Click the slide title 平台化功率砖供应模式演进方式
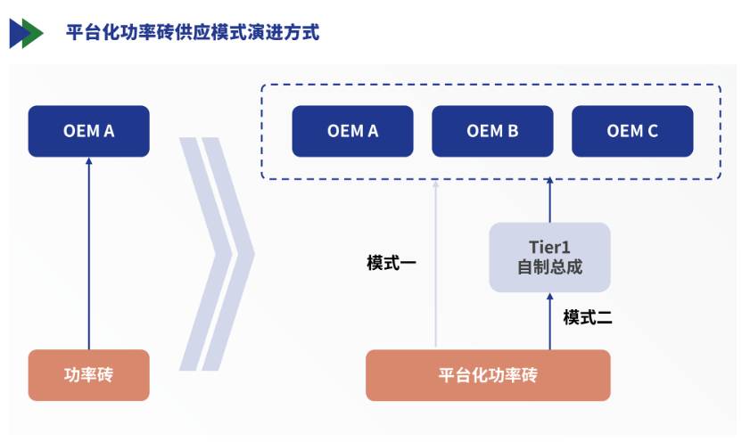coord(193,33)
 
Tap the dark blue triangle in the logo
coord(17,33)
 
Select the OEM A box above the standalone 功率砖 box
coord(88,131)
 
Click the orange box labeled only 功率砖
coord(88,374)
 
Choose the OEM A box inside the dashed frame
coord(352,131)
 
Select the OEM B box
coord(492,131)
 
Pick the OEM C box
coord(632,131)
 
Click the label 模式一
coord(392,264)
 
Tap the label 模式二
coord(588,317)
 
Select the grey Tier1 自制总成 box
coord(549,257)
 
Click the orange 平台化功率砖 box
coord(488,374)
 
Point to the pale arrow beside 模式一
coord(436,267)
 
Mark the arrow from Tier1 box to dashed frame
coord(549,201)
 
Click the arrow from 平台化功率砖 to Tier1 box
coord(549,321)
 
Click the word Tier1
coord(549,246)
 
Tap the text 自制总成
coord(549,266)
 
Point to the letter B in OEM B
coord(513,131)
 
